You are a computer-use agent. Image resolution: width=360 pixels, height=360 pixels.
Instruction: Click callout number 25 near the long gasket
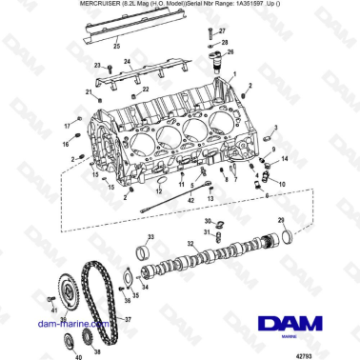[x=116, y=45]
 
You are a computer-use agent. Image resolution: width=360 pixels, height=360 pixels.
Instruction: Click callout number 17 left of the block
[x=67, y=127]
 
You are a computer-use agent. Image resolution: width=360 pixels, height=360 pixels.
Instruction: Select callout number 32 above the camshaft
[x=190, y=245]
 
